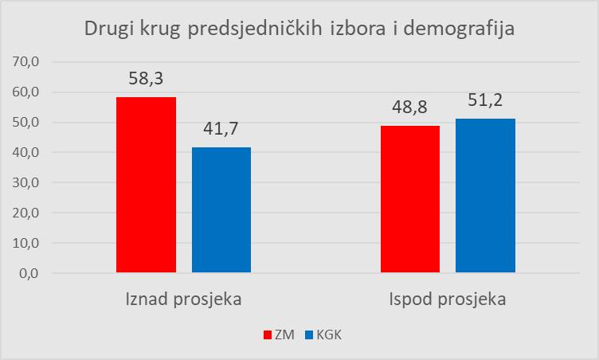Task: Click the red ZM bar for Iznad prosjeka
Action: click(146, 185)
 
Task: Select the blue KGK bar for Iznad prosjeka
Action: click(221, 210)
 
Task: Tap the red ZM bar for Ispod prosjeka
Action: click(409, 199)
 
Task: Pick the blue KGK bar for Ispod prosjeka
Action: click(485, 196)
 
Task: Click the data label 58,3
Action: click(146, 80)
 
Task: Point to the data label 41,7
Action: click(221, 130)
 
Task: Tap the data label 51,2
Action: click(485, 102)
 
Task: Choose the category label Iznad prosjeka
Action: click(183, 300)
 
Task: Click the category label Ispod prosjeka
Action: click(447, 300)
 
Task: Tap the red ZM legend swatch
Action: click(267, 335)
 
